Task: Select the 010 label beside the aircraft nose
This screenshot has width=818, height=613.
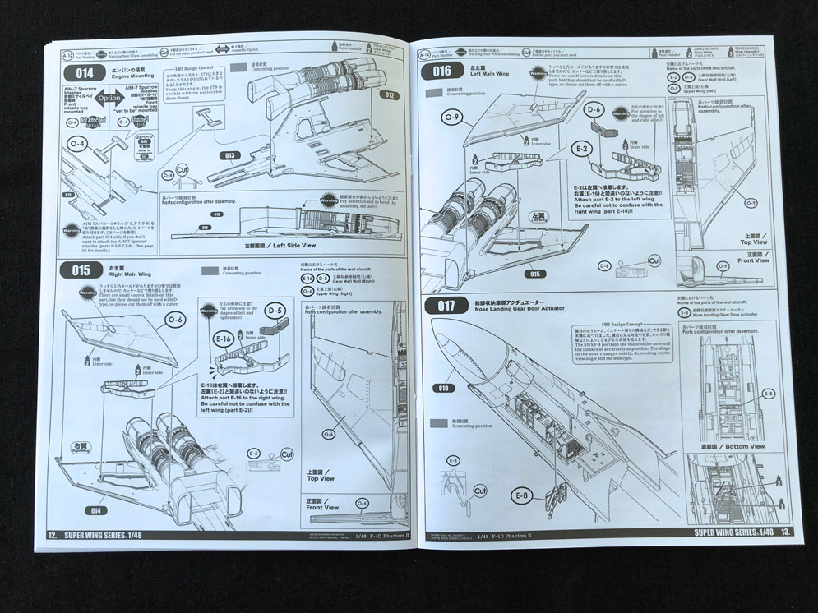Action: click(445, 389)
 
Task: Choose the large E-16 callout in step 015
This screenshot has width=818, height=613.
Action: click(223, 339)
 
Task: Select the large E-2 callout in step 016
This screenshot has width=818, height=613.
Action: click(582, 149)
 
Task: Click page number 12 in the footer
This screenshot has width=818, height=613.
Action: click(52, 534)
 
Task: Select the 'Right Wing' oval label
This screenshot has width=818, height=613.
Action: click(81, 449)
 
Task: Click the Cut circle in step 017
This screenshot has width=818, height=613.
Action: click(482, 491)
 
